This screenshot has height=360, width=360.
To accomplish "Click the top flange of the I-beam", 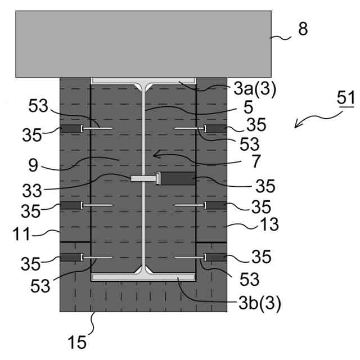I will pyautogui.click(x=143, y=81).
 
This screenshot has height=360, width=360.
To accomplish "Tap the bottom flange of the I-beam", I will pyautogui.click(x=143, y=277).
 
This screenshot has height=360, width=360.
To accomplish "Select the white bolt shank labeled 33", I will pyautogui.click(x=143, y=179).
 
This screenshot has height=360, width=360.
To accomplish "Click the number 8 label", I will pyautogui.click(x=303, y=29).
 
